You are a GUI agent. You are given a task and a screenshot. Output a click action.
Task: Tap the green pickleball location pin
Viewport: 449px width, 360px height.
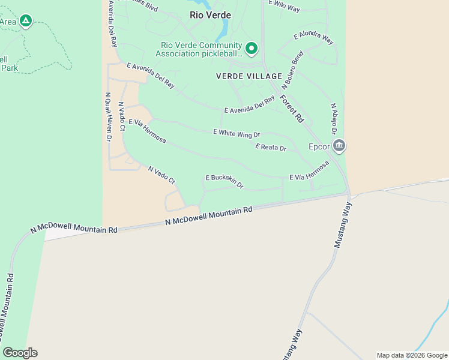click(252, 48)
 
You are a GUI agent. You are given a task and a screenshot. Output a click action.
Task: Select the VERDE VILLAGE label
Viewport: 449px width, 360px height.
click(249, 76)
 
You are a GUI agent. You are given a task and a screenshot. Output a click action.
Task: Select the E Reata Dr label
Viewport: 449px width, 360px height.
click(271, 147)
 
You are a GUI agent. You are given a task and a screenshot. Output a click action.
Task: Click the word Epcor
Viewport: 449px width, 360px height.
click(319, 146)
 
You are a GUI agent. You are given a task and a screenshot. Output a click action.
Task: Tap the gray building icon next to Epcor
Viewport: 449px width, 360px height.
click(339, 146)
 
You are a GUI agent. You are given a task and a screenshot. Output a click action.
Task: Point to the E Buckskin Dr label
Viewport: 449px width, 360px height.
click(224, 181)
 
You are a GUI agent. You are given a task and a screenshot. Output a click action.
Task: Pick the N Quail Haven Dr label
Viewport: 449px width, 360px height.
click(108, 116)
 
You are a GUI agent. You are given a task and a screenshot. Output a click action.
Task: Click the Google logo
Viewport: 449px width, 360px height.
click(20, 353)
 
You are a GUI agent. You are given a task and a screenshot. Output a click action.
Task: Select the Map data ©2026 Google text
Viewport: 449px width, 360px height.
click(412, 355)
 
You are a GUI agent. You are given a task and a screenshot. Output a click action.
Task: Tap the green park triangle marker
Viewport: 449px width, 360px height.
click(25, 22)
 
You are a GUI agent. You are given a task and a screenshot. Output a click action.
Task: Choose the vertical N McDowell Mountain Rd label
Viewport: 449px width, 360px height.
click(7, 312)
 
